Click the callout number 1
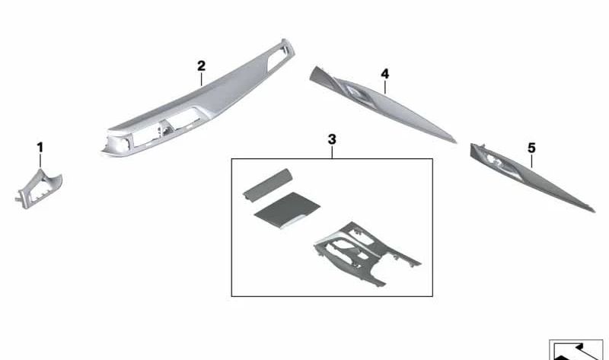(x=40, y=148)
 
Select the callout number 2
(x=201, y=66)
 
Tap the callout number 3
(x=332, y=139)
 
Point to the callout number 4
(x=385, y=74)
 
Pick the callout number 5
(x=531, y=148)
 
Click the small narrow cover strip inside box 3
(x=268, y=184)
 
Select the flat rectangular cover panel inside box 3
(x=287, y=211)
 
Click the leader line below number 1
(x=40, y=161)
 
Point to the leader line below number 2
(x=201, y=79)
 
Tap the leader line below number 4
(x=385, y=88)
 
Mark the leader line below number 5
(x=531, y=161)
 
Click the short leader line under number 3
(x=332, y=152)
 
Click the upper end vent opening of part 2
(x=278, y=56)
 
